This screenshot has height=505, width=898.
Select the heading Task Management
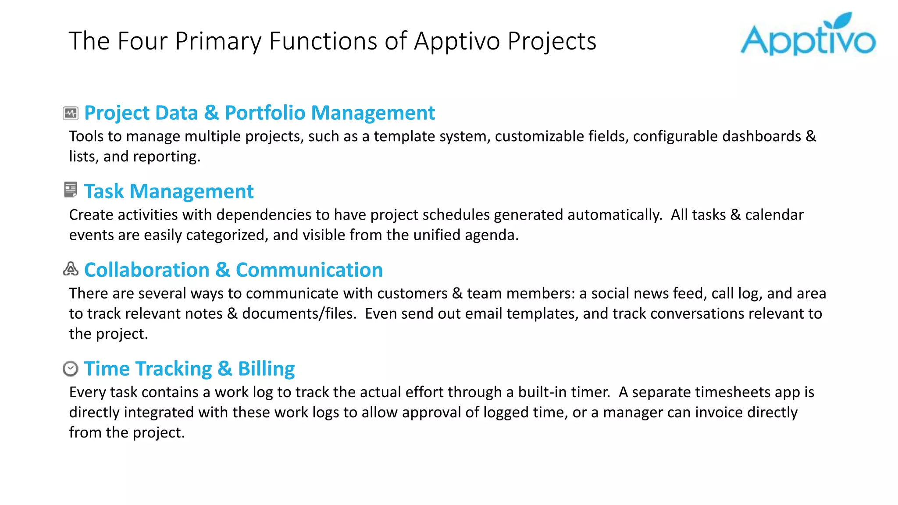168,192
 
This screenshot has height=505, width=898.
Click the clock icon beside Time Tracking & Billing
70,369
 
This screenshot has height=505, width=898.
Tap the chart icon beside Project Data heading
70,113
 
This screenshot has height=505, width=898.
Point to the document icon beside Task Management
70,190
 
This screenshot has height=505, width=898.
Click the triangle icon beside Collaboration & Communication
70,269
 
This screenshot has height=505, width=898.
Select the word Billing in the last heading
266,369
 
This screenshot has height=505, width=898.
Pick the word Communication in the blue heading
309,270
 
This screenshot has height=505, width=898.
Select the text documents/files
299,314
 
